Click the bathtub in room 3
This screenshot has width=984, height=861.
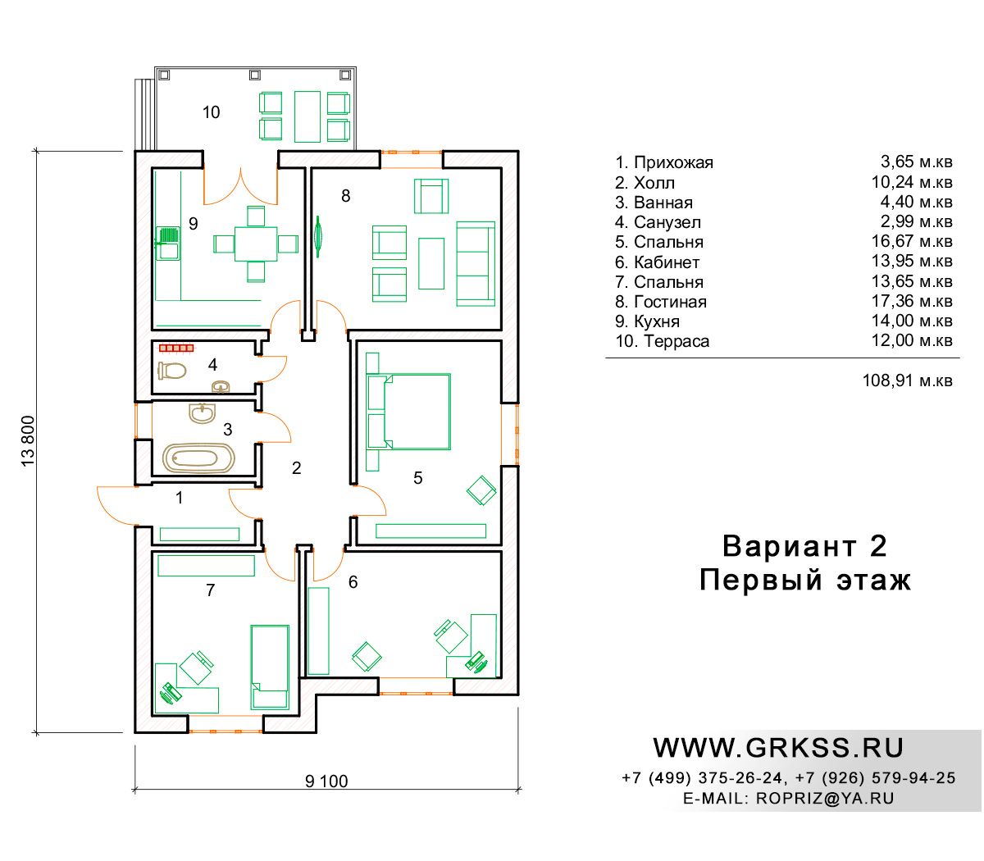coord(198,458)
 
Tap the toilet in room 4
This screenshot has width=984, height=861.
coord(171,371)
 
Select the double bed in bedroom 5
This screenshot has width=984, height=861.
coord(417,412)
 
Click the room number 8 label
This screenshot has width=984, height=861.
coord(346,196)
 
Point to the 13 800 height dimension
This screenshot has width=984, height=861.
coord(29,441)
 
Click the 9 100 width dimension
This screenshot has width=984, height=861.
coord(326,781)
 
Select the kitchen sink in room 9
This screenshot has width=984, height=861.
coord(167,244)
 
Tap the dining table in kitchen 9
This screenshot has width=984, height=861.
coord(256,244)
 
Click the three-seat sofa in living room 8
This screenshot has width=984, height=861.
coord(476,263)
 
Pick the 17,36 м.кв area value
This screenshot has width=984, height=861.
coord(912,302)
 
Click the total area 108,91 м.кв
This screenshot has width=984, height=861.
coord(908,381)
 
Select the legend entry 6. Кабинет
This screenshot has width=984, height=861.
coord(657,262)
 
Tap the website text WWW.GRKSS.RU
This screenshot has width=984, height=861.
coord(778,748)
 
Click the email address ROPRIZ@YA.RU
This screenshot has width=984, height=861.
coord(825,799)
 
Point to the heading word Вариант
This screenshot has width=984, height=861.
coord(789,546)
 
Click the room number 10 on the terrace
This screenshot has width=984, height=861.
coord(211,112)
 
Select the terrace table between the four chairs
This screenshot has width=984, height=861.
coord(307,117)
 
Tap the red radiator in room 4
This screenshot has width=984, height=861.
coord(176,348)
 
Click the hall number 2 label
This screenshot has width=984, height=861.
coord(296,468)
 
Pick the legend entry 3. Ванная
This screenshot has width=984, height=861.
coord(654,203)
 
